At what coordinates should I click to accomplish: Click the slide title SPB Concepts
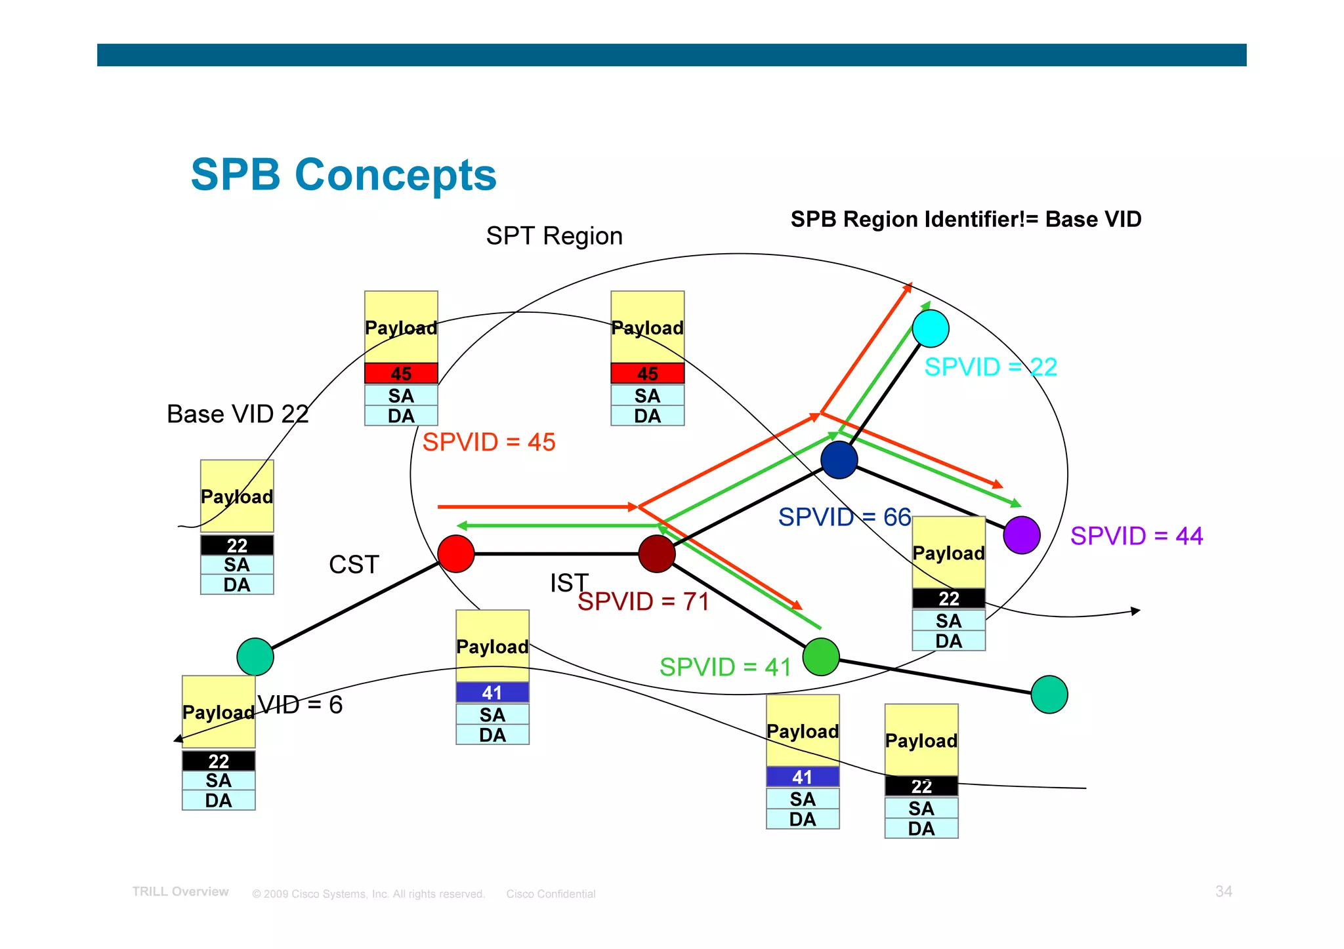click(x=343, y=175)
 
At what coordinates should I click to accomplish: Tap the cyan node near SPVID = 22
click(x=930, y=329)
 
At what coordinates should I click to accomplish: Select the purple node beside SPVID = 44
click(x=1021, y=535)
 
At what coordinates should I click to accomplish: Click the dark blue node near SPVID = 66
click(x=839, y=460)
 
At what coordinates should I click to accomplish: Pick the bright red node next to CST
click(x=456, y=554)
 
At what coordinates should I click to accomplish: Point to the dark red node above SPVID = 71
click(x=656, y=554)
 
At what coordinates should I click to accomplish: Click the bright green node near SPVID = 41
click(x=821, y=656)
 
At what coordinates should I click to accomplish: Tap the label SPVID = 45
click(x=489, y=442)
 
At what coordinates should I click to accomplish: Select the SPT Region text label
click(x=554, y=236)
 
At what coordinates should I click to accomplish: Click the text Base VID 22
click(x=238, y=414)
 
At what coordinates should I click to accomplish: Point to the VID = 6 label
click(x=300, y=704)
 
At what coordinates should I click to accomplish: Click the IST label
click(x=568, y=582)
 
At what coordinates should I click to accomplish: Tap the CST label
click(x=354, y=565)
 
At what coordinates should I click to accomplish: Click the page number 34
click(x=1223, y=891)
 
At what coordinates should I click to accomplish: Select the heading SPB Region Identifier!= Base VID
click(x=965, y=219)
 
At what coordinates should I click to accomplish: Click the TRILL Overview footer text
click(x=180, y=892)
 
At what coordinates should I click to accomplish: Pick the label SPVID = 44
click(x=1136, y=536)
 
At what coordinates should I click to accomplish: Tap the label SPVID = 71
click(x=644, y=601)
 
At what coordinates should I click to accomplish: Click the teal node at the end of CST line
click(x=255, y=656)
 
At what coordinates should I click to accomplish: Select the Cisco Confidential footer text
click(x=551, y=894)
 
